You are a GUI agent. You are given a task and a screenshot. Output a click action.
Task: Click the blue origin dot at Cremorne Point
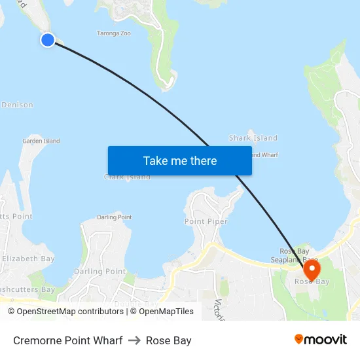click(48, 40)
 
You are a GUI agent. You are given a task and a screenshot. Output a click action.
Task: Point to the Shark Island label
click(253, 138)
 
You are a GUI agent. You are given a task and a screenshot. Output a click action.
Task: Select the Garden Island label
click(41, 141)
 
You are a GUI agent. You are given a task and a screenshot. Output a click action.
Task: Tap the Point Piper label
click(206, 221)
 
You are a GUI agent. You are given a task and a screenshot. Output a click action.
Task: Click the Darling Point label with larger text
click(99, 271)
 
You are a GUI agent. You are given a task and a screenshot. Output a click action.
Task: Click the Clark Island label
click(127, 177)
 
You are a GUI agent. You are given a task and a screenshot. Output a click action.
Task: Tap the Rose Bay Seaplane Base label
click(294, 256)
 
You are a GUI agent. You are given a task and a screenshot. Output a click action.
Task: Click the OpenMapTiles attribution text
click(164, 312)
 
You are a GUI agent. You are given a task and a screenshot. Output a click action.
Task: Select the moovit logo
click(321, 339)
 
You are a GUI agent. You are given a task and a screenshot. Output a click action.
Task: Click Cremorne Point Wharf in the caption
click(68, 340)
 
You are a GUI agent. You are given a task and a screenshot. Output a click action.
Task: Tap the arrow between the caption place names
click(134, 340)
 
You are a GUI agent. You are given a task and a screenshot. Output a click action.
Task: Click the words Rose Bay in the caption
click(169, 340)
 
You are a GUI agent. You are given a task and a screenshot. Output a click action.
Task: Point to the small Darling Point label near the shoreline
click(115, 217)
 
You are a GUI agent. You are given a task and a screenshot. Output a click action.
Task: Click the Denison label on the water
click(17, 105)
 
